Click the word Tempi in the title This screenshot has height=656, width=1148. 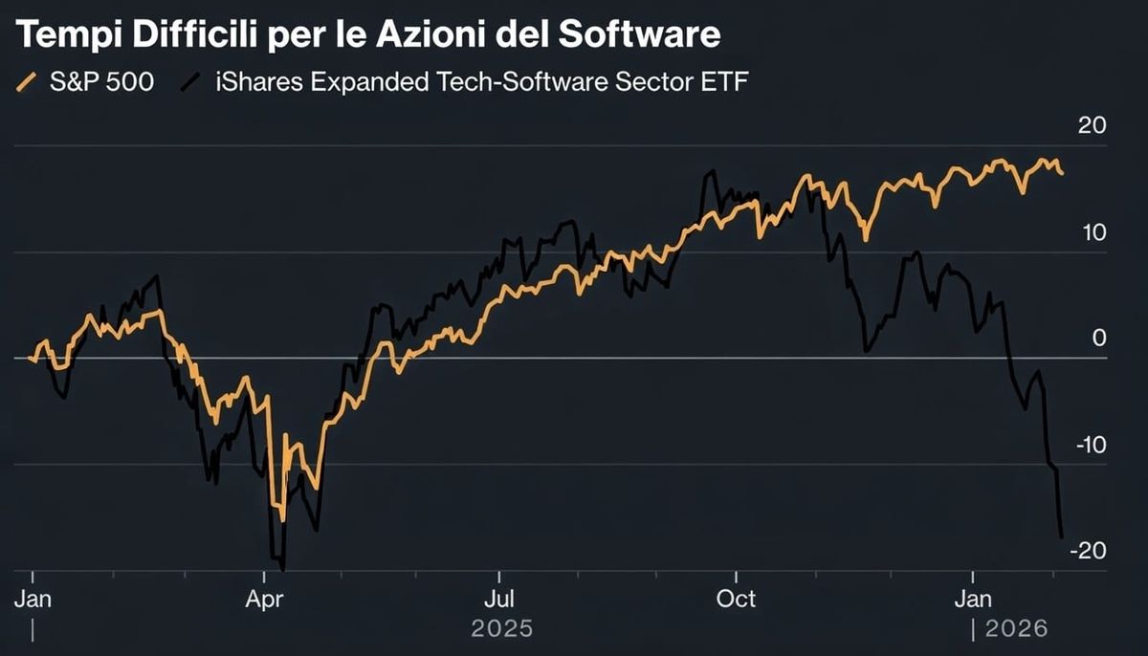pyautogui.click(x=60, y=35)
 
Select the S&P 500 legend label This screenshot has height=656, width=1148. pyautogui.click(x=101, y=82)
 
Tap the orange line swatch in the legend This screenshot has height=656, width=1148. pyautogui.click(x=29, y=83)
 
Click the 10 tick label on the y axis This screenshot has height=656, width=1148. pyautogui.click(x=1093, y=232)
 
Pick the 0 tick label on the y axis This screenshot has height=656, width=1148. pyautogui.click(x=1099, y=339)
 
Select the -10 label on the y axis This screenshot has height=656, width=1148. pyautogui.click(x=1089, y=445)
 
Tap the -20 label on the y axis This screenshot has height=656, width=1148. pyautogui.click(x=1089, y=551)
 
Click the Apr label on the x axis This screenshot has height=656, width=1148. pyautogui.click(x=264, y=599)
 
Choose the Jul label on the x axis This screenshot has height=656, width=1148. pyautogui.click(x=499, y=599)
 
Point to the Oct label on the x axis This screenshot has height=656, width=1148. pyautogui.click(x=737, y=599)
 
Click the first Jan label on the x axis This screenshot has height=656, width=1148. pyautogui.click(x=33, y=599)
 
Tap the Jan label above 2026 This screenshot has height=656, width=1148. pyautogui.click(x=973, y=599)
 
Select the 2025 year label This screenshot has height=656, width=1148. pyautogui.click(x=502, y=629)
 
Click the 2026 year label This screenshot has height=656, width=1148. pyautogui.click(x=1017, y=629)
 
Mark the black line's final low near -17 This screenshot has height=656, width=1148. pyautogui.click(x=1061, y=536)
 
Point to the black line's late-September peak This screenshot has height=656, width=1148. pyautogui.click(x=710, y=172)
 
